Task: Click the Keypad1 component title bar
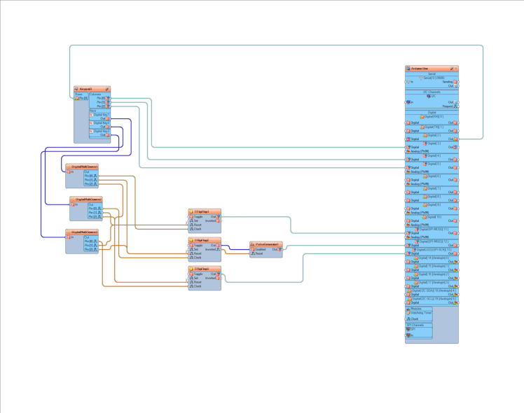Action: coord(88,90)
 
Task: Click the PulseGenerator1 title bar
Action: coord(267,244)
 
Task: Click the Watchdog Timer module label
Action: coord(422,313)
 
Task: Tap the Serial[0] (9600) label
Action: coord(433,78)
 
